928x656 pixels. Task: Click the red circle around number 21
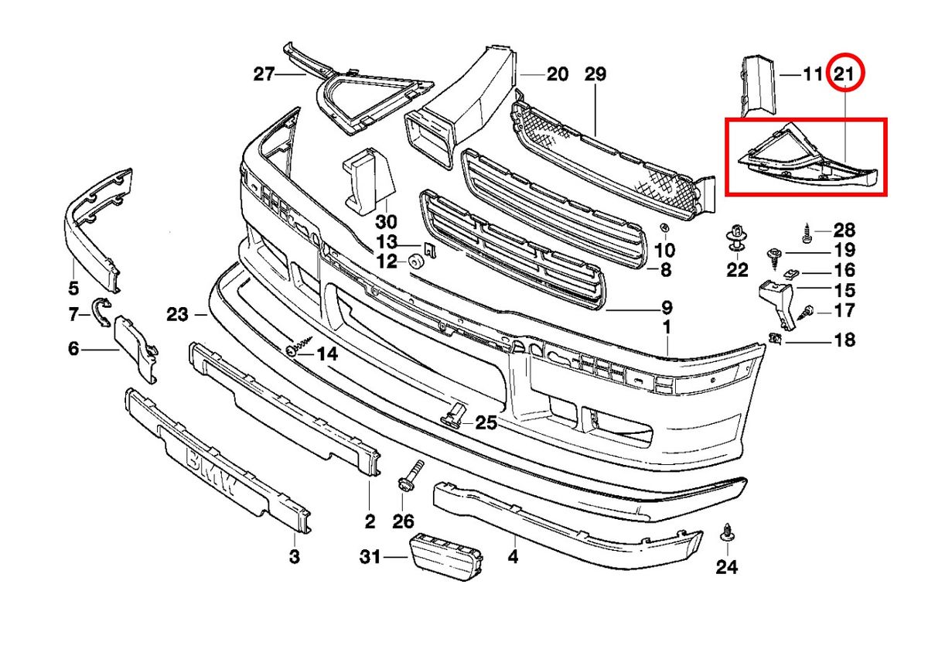tap(844, 74)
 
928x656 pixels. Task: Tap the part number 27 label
tap(264, 74)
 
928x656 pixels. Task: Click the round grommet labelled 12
tap(415, 261)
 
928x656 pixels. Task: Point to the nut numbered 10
tap(664, 228)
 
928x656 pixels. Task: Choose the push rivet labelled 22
tap(737, 237)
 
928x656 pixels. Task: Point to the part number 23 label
tap(177, 314)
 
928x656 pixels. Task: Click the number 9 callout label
tap(666, 307)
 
